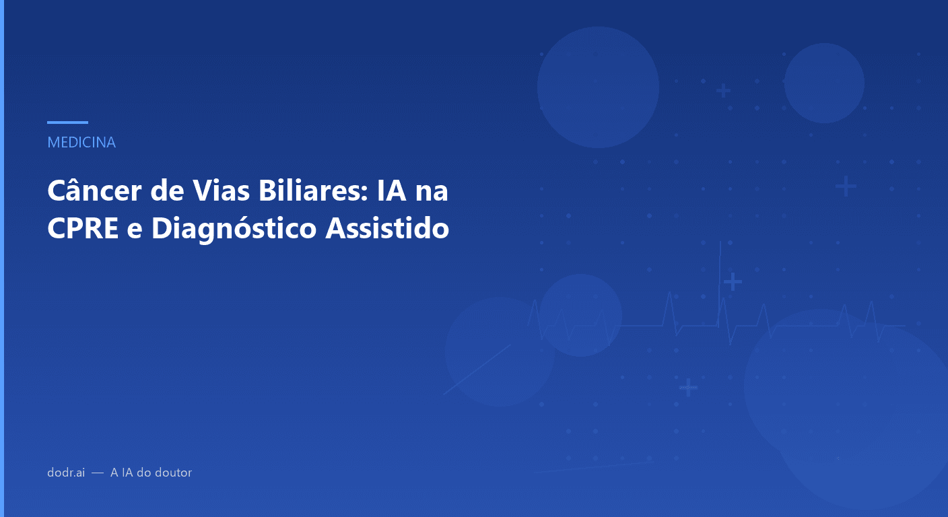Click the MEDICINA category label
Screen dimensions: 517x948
click(x=81, y=142)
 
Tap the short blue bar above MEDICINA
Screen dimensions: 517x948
click(x=67, y=123)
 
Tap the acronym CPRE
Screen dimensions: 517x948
click(x=81, y=229)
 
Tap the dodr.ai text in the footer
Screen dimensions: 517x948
click(x=66, y=473)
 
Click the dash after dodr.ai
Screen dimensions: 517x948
click(x=98, y=473)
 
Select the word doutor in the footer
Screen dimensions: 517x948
click(x=173, y=473)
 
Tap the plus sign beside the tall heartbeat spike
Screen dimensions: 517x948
click(x=733, y=281)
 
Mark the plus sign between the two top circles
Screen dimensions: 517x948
click(x=723, y=90)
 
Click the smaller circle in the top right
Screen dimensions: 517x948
click(x=824, y=83)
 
